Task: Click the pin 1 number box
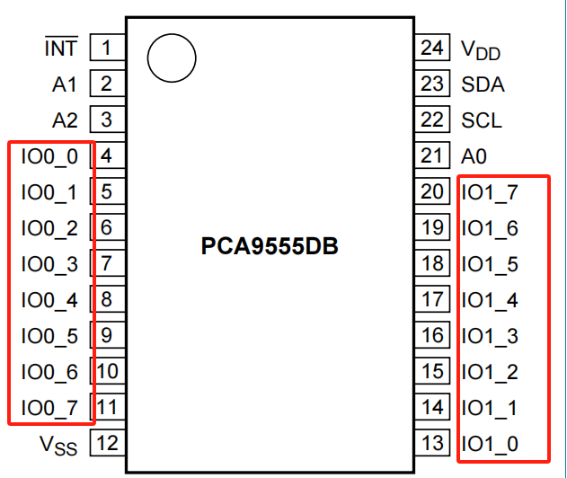[107, 48]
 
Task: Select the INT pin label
[61, 48]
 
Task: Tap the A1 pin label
[64, 84]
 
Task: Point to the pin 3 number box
[107, 119]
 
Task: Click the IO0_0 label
[49, 156]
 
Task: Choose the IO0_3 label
[49, 264]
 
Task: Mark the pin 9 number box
[107, 336]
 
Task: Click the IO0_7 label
[49, 408]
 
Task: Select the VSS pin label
[58, 445]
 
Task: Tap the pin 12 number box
[107, 443]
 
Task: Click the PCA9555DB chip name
[270, 246]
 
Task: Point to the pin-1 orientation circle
[171, 60]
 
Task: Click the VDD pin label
[481, 49]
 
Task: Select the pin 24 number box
[432, 48]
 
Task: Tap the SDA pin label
[483, 84]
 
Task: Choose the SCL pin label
[482, 119]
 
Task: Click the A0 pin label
[474, 156]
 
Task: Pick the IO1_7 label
[490, 191]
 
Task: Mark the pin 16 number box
[432, 336]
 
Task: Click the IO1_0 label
[490, 444]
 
